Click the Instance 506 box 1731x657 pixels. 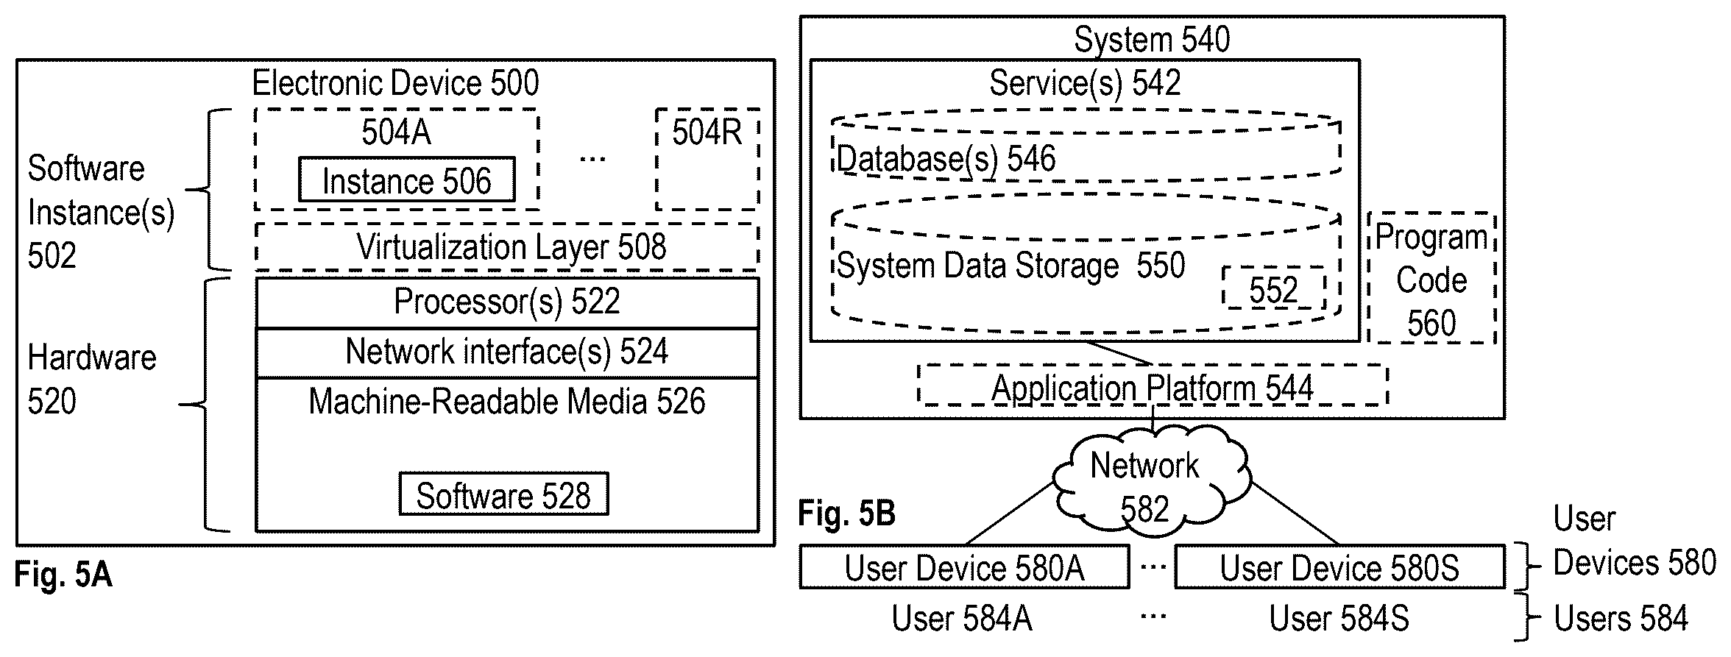(406, 180)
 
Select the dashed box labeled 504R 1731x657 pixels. (707, 159)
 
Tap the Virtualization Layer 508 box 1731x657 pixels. (507, 247)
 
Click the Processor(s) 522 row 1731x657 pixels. (507, 302)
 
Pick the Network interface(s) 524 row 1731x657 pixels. (507, 353)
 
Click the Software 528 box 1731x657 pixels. (504, 494)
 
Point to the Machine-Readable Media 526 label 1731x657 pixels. (507, 402)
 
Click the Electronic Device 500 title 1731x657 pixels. (395, 83)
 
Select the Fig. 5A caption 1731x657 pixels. (63, 575)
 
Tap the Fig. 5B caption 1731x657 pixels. (846, 514)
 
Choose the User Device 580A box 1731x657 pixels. (964, 567)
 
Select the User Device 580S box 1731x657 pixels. (1339, 567)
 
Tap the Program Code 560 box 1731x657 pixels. (1431, 278)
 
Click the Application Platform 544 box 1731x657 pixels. (1153, 386)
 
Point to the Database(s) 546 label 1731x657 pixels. (946, 159)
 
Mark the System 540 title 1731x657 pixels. (1152, 39)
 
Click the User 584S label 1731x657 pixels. (1339, 618)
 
